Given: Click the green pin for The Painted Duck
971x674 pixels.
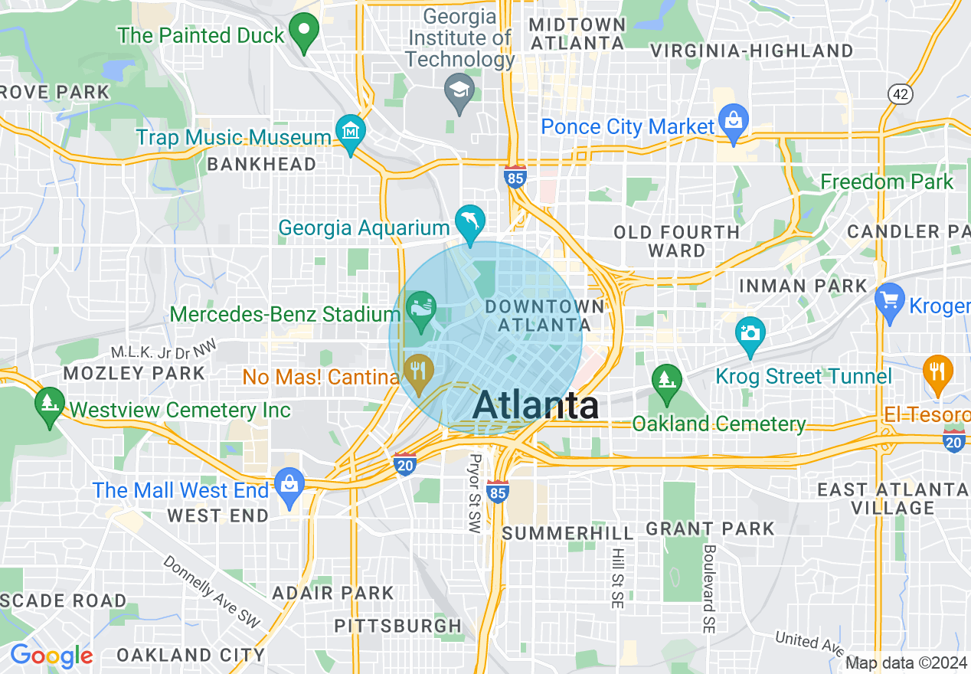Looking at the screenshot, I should [305, 31].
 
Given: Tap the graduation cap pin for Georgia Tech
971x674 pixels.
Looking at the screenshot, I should [459, 91].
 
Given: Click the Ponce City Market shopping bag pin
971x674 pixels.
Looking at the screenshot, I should [734, 121].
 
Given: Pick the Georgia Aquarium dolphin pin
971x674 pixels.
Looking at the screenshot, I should [470, 221].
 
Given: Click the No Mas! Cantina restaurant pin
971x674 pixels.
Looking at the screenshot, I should [418, 371].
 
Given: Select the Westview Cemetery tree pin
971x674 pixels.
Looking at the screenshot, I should [50, 403].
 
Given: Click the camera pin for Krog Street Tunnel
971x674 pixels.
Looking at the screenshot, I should [750, 334].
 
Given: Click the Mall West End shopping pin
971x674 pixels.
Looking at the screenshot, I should [289, 486].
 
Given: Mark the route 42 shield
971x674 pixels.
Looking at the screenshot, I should [900, 93].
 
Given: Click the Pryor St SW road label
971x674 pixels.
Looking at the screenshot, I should [475, 494].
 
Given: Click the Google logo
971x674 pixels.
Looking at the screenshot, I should [51, 656].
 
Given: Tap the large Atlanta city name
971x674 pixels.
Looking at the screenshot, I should [535, 405].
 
